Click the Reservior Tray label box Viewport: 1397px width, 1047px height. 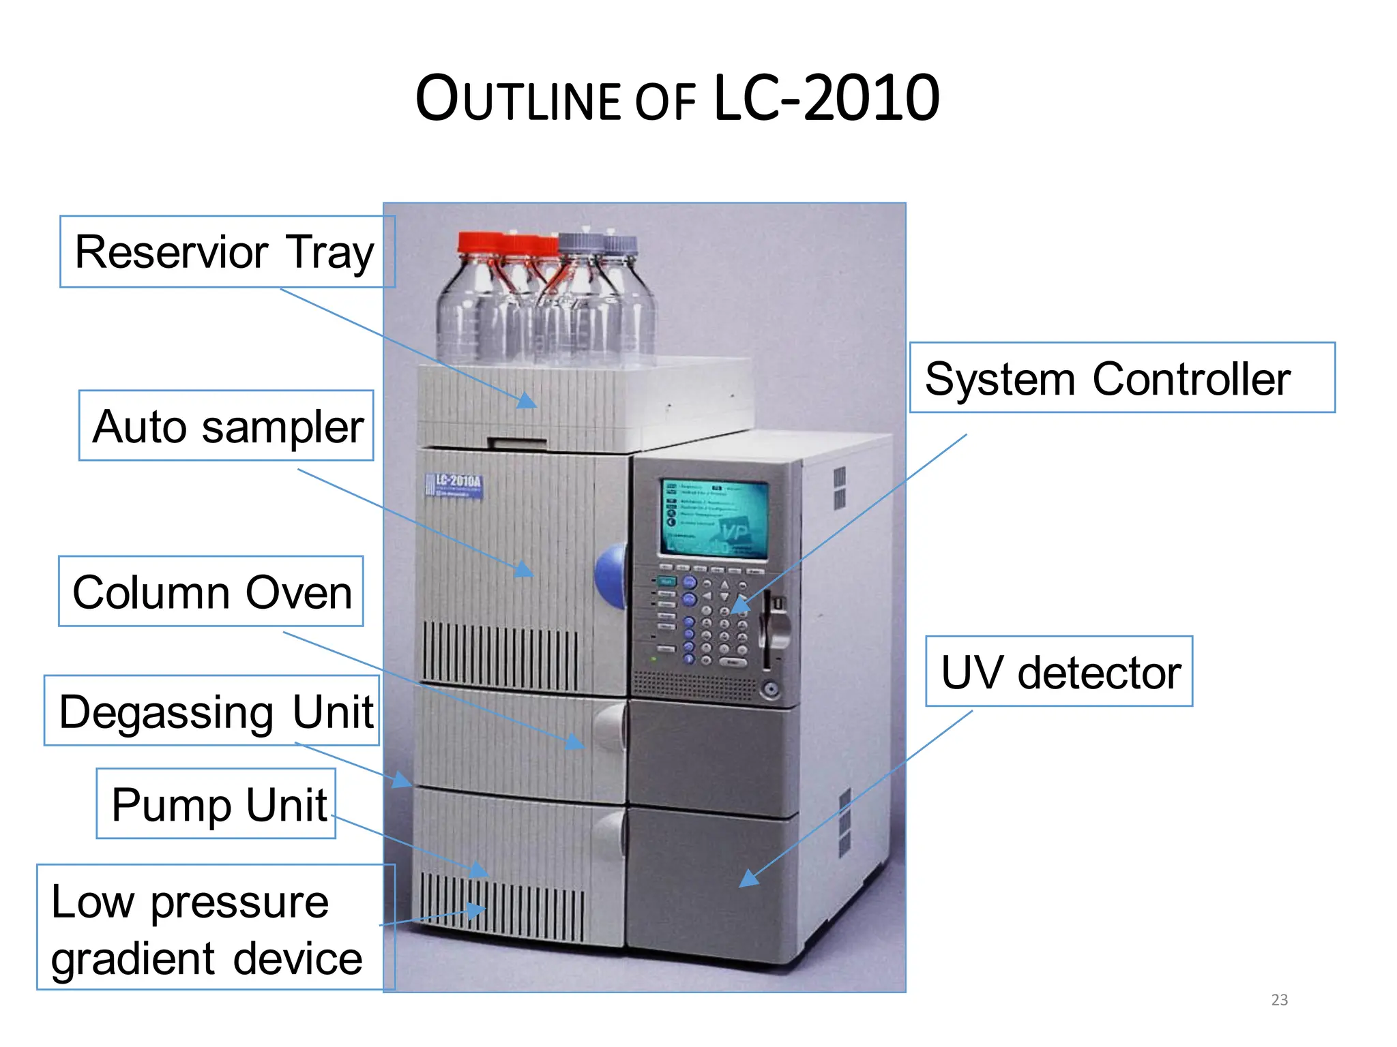tap(227, 252)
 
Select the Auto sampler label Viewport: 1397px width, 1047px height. tap(226, 426)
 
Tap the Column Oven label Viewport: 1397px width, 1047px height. tap(211, 592)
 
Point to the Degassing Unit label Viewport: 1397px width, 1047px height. tap(212, 711)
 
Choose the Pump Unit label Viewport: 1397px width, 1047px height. tap(216, 804)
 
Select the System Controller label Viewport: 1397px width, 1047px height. tap(1122, 378)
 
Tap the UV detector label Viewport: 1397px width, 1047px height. tap(1059, 672)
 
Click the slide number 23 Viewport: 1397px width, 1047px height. tap(1279, 1000)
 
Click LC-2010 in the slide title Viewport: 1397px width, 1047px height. tap(826, 99)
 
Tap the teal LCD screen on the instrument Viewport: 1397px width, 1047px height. tap(714, 518)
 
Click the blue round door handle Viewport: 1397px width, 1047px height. tap(611, 576)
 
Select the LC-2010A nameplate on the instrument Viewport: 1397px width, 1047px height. tap(454, 485)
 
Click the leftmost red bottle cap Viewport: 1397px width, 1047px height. tap(479, 243)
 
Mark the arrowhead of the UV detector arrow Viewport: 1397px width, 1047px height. tap(748, 879)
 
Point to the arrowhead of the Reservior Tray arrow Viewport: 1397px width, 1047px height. tap(527, 401)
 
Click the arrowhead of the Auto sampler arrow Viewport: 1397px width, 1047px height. tap(524, 570)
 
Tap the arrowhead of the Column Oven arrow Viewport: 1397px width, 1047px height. tap(576, 743)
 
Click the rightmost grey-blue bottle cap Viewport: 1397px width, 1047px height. tap(621, 244)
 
